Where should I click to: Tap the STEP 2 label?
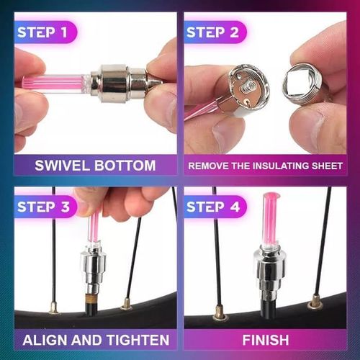(x=215, y=32)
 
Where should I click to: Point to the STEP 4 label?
(x=215, y=207)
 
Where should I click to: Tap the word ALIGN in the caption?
(x=46, y=340)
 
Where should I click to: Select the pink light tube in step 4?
(x=270, y=220)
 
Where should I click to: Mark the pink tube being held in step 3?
(x=94, y=226)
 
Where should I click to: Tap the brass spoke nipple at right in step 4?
(x=315, y=303)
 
